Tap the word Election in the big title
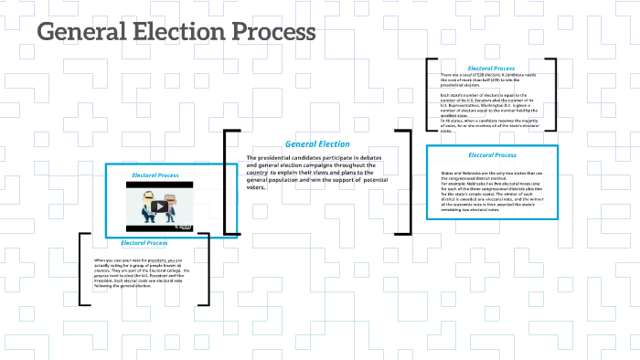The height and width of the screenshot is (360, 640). tap(176, 33)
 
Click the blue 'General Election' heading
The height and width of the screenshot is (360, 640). tap(317, 143)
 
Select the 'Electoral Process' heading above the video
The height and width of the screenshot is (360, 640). tap(155, 175)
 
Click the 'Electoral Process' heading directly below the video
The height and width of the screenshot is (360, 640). tap(144, 243)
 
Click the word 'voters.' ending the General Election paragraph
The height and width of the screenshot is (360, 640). tap(255, 187)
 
